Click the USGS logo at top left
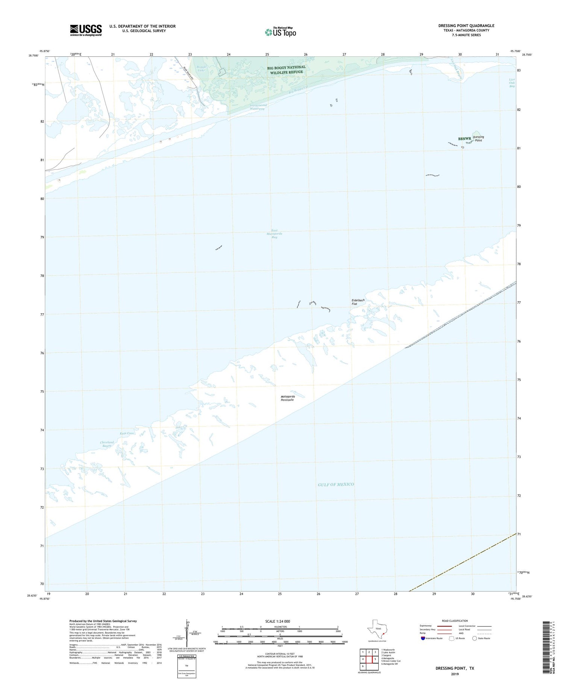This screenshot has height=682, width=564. tap(86, 30)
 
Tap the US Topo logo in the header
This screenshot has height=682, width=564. tap(280, 32)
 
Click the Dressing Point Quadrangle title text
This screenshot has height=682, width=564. tap(466, 26)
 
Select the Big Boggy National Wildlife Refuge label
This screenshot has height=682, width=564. tap(286, 70)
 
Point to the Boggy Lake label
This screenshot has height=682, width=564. tap(201, 68)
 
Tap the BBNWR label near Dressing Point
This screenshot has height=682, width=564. tap(464, 139)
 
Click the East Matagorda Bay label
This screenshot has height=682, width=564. tap(274, 234)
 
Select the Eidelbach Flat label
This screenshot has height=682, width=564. tap(358, 302)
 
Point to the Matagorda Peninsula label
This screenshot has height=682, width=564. tap(288, 398)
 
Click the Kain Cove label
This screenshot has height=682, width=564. tap(127, 433)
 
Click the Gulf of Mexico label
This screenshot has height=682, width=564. tap(336, 484)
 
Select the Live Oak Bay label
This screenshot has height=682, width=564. tap(512, 83)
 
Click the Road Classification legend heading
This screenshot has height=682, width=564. tap(455, 621)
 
